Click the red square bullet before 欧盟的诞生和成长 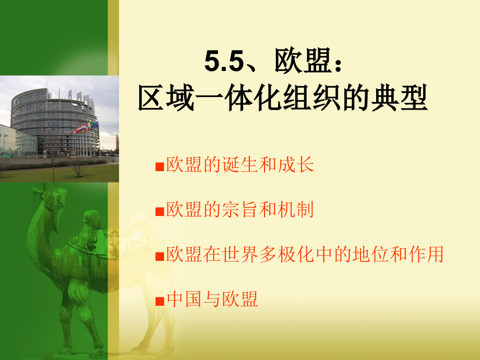[x=160, y=166]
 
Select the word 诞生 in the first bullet [x=239, y=165]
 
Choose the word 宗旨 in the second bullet [x=239, y=210]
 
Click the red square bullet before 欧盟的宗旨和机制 [x=160, y=211]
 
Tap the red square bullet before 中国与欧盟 [x=160, y=301]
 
